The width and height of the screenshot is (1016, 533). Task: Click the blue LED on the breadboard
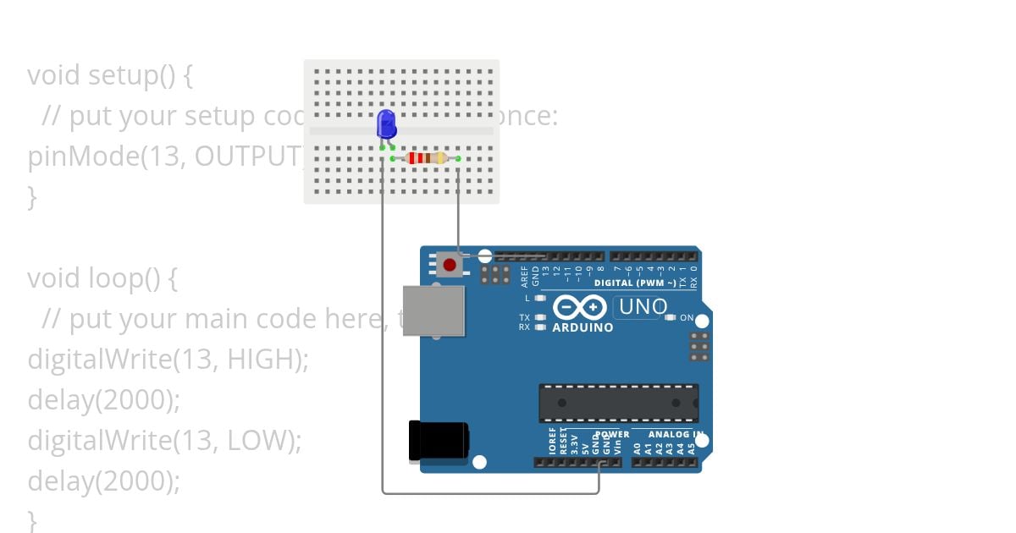point(386,124)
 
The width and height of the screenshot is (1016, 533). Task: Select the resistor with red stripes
point(426,158)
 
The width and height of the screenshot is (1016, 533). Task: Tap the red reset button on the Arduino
point(450,265)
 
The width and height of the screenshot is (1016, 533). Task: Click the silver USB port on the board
point(433,310)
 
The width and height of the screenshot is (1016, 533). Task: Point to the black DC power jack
point(438,441)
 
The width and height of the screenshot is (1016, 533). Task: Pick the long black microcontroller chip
point(618,403)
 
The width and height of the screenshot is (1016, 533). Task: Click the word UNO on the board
point(643,306)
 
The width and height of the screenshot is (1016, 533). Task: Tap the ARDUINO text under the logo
point(583,327)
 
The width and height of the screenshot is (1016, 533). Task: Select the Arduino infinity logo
point(579,306)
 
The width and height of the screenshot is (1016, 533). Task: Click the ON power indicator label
point(687,318)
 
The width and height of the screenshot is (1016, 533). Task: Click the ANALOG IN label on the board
point(676,435)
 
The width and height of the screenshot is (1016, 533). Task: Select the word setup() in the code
point(132,75)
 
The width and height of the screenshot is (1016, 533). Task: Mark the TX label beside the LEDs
point(524,318)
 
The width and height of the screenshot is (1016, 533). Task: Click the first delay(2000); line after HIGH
point(104,400)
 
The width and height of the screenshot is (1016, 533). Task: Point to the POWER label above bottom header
point(611,435)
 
